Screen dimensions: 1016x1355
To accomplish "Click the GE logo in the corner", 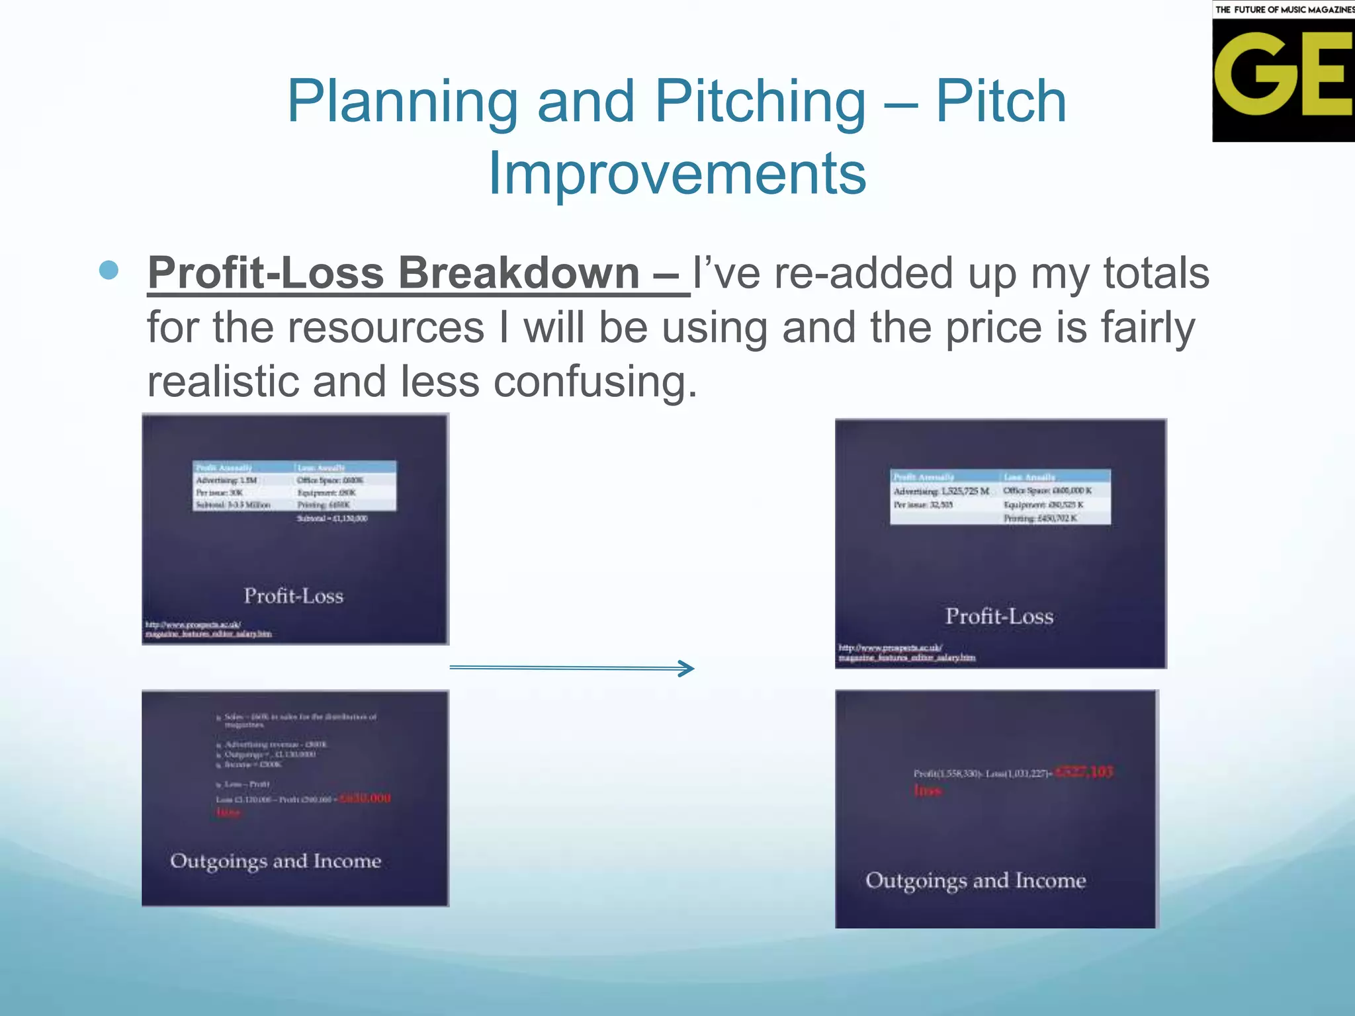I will pyautogui.click(x=1283, y=71).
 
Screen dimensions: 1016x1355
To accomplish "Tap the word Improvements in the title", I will pyautogui.click(x=677, y=173).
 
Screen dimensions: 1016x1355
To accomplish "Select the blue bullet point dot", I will pyautogui.click(x=109, y=271).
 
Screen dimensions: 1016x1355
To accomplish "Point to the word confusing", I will pyautogui.click(x=595, y=382).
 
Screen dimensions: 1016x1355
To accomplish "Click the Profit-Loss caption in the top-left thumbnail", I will pyautogui.click(x=293, y=596).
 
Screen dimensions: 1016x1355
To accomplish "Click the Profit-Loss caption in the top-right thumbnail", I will pyautogui.click(x=999, y=616).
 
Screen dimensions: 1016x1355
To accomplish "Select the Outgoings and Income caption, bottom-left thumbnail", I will pyautogui.click(x=276, y=861).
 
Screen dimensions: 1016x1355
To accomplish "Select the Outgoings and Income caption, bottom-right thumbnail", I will pyautogui.click(x=976, y=880).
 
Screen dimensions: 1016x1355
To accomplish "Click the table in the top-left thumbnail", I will pyautogui.click(x=294, y=486).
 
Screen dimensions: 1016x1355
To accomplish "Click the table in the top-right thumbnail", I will pyautogui.click(x=1000, y=497).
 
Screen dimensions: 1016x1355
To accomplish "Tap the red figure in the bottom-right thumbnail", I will pyautogui.click(x=1084, y=772).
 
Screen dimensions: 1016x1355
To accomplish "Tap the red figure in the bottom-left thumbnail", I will pyautogui.click(x=365, y=798).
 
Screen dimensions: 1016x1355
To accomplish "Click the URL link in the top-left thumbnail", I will pyautogui.click(x=208, y=629).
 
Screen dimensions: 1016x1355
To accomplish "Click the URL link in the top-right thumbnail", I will pyautogui.click(x=906, y=652).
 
